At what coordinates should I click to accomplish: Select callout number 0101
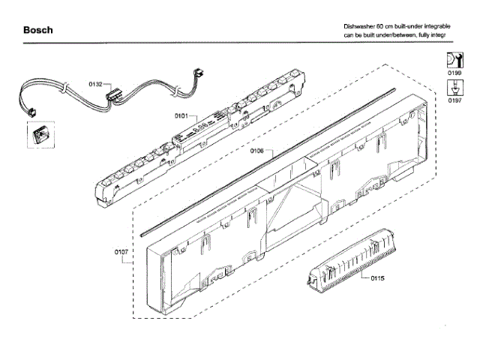(x=181, y=116)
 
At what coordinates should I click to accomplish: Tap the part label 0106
(x=256, y=151)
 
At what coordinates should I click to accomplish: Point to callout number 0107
(x=121, y=252)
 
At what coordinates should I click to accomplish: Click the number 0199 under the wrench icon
(x=454, y=73)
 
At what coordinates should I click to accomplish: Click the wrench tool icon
(x=454, y=61)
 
